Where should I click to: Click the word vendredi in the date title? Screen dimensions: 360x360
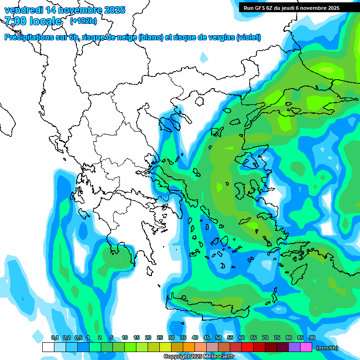point(22,10)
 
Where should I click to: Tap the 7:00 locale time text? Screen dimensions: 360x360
point(33,21)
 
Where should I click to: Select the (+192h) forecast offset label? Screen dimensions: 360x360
point(83,21)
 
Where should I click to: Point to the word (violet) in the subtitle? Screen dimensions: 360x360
point(248,37)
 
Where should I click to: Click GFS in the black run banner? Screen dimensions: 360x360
point(261,8)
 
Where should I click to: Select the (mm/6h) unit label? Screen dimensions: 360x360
point(327,348)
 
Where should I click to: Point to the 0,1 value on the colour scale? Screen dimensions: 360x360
point(54,337)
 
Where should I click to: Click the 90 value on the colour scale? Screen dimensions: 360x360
point(312,337)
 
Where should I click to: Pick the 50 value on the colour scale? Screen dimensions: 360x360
point(218,337)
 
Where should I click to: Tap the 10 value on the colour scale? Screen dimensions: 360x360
point(125,337)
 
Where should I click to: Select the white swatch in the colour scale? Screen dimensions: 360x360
point(48,347)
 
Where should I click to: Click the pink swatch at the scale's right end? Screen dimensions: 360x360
point(306,347)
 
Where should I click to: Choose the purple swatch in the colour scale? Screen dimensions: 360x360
point(294,347)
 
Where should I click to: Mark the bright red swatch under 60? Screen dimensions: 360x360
point(247,347)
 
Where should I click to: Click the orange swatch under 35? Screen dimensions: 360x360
point(189,347)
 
